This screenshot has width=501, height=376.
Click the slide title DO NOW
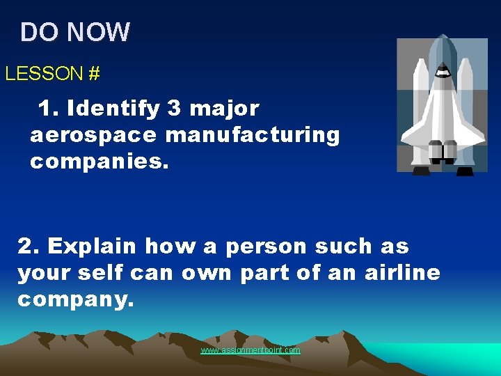point(75,32)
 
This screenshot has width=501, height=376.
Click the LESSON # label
point(52,73)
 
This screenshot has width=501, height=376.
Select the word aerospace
point(92,135)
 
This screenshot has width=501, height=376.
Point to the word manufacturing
point(253,135)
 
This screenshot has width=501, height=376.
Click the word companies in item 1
point(100,162)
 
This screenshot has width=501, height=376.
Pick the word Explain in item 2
point(98,246)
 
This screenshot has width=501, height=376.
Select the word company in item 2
point(75,299)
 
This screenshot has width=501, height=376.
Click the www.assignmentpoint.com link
point(250,350)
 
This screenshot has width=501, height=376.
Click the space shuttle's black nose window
point(441,70)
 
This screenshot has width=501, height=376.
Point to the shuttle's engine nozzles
point(442,151)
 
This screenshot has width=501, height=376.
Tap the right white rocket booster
point(465,104)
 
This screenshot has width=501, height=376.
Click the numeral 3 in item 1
point(173,109)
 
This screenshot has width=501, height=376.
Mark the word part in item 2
point(264,273)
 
